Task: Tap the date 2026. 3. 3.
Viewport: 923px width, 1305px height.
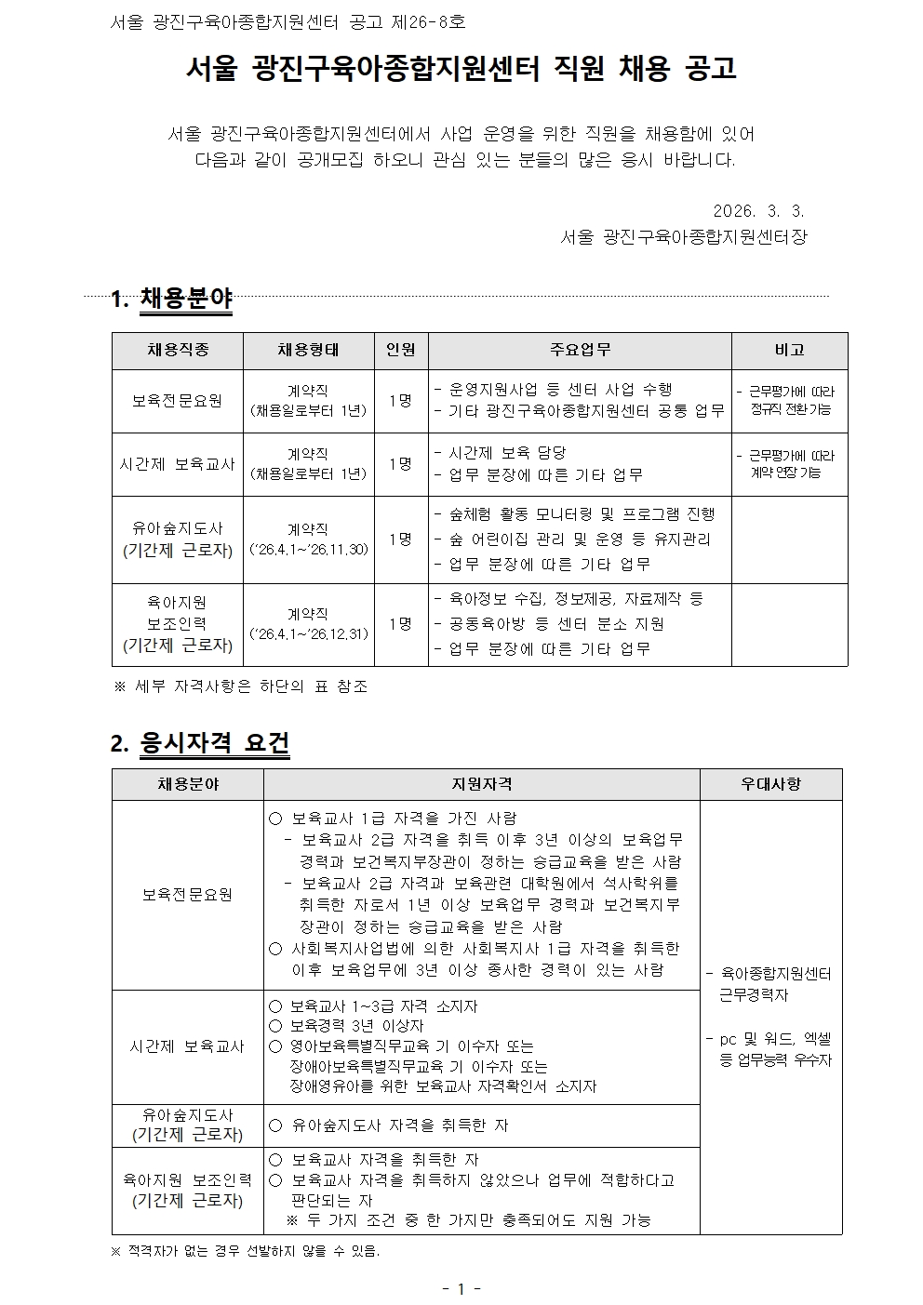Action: click(x=758, y=211)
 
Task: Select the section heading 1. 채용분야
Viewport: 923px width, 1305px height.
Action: click(x=171, y=300)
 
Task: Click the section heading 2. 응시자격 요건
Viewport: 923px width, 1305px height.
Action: click(x=200, y=743)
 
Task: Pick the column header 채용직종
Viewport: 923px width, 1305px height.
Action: click(x=178, y=351)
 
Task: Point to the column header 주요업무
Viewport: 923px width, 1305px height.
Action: click(x=580, y=351)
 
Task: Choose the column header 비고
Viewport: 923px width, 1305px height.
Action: click(x=789, y=351)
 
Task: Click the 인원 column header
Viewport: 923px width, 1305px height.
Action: click(x=401, y=351)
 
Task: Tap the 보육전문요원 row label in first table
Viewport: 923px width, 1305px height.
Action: click(x=178, y=401)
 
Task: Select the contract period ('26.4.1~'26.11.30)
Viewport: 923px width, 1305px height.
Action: click(x=309, y=550)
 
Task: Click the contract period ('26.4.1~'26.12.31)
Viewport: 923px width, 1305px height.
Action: click(x=309, y=634)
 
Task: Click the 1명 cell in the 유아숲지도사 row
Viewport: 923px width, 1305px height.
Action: click(x=401, y=539)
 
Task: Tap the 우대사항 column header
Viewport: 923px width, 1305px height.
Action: click(x=770, y=784)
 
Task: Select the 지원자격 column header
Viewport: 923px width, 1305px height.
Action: click(x=481, y=784)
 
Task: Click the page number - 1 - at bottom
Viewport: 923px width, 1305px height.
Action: click(x=461, y=1288)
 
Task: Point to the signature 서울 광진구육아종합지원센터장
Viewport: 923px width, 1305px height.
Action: click(x=684, y=237)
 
